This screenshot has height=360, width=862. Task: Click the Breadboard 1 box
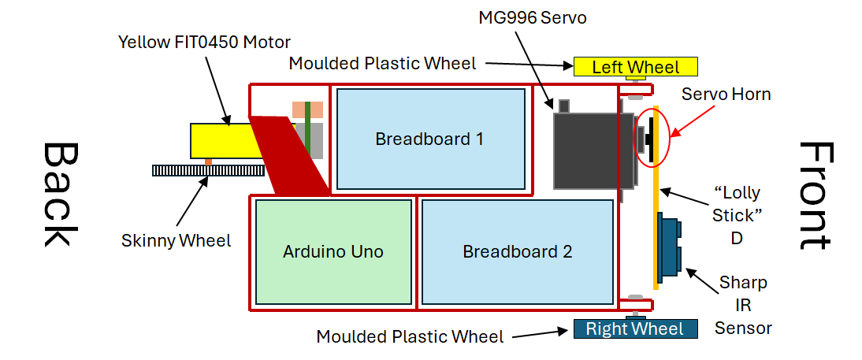click(x=430, y=139)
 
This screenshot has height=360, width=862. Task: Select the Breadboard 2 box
click(x=518, y=252)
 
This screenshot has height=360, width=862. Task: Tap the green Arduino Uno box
click(x=333, y=252)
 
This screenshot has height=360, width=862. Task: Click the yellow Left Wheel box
click(x=636, y=67)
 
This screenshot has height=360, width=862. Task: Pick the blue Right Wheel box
click(x=635, y=328)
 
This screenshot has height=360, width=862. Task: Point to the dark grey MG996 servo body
click(x=587, y=150)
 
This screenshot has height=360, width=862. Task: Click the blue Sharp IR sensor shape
click(x=671, y=248)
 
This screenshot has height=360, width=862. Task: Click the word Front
click(x=815, y=195)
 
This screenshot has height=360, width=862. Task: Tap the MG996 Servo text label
click(x=533, y=17)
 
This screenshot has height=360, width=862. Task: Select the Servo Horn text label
click(x=726, y=95)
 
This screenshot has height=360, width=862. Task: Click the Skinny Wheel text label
click(x=176, y=240)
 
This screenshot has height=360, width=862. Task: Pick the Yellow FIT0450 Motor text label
click(x=204, y=41)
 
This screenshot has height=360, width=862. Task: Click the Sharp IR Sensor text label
click(x=742, y=305)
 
